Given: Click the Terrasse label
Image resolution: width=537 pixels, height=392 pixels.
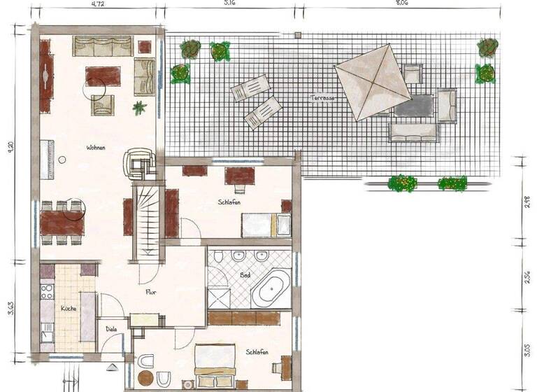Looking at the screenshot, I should point(323,99).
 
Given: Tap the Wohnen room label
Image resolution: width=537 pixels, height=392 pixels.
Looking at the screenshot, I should point(96,148).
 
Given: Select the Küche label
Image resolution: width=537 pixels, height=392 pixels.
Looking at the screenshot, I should point(68,308).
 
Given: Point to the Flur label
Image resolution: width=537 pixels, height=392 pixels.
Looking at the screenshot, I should point(150,292).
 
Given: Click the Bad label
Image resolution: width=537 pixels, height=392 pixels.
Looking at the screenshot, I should point(245,275).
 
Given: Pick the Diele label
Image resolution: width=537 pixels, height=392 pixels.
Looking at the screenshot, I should point(111,328).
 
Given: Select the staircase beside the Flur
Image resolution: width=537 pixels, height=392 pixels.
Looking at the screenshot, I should point(148,221).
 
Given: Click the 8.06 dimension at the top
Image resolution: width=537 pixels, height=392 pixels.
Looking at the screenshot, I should point(400,3).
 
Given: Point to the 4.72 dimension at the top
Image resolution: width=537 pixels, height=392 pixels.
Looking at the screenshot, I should point(98,3).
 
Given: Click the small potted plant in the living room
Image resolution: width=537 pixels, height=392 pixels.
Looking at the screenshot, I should point(140,108).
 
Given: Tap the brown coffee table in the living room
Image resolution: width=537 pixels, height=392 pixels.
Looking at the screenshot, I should point(103,76).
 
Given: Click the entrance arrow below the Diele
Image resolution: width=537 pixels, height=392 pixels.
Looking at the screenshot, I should point(112,365).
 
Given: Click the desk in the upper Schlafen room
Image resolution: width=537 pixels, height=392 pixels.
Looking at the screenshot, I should point(239,175).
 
